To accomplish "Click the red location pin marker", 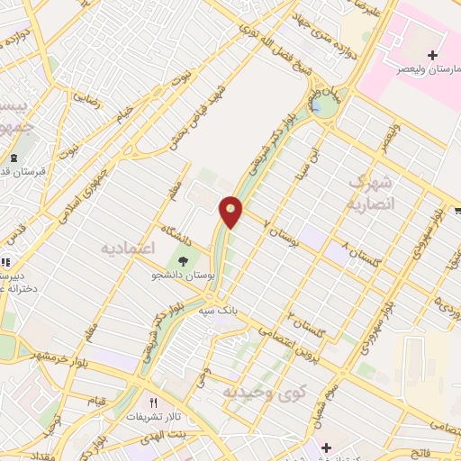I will pyautogui.click(x=231, y=211).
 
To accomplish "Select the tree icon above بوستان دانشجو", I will pyautogui.click(x=184, y=261).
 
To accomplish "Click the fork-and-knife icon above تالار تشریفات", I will pyautogui.click(x=153, y=402).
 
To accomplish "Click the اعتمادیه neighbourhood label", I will pyautogui.click(x=128, y=247).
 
